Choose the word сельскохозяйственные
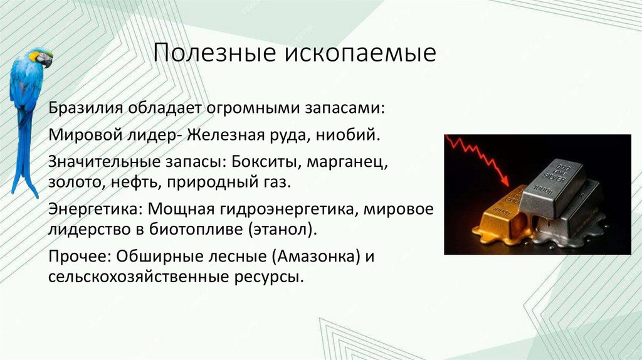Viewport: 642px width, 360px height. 138,277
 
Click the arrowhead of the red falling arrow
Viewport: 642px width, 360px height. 504,181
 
